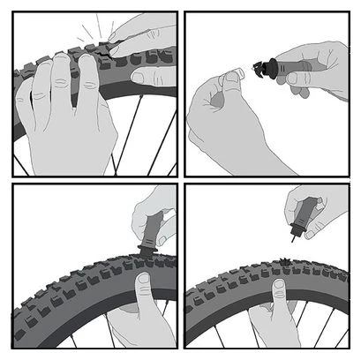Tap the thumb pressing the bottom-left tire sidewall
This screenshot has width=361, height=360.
pos(141,291)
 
